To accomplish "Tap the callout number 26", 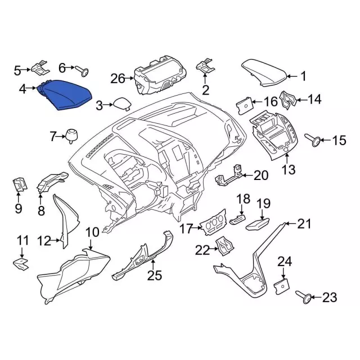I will click(118, 79).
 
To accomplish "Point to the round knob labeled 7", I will click(71, 135).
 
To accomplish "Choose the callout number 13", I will click(288, 169).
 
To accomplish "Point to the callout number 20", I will click(262, 175).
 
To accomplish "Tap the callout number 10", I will click(92, 232).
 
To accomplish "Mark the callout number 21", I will click(304, 224).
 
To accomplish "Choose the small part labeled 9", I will click(18, 185).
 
